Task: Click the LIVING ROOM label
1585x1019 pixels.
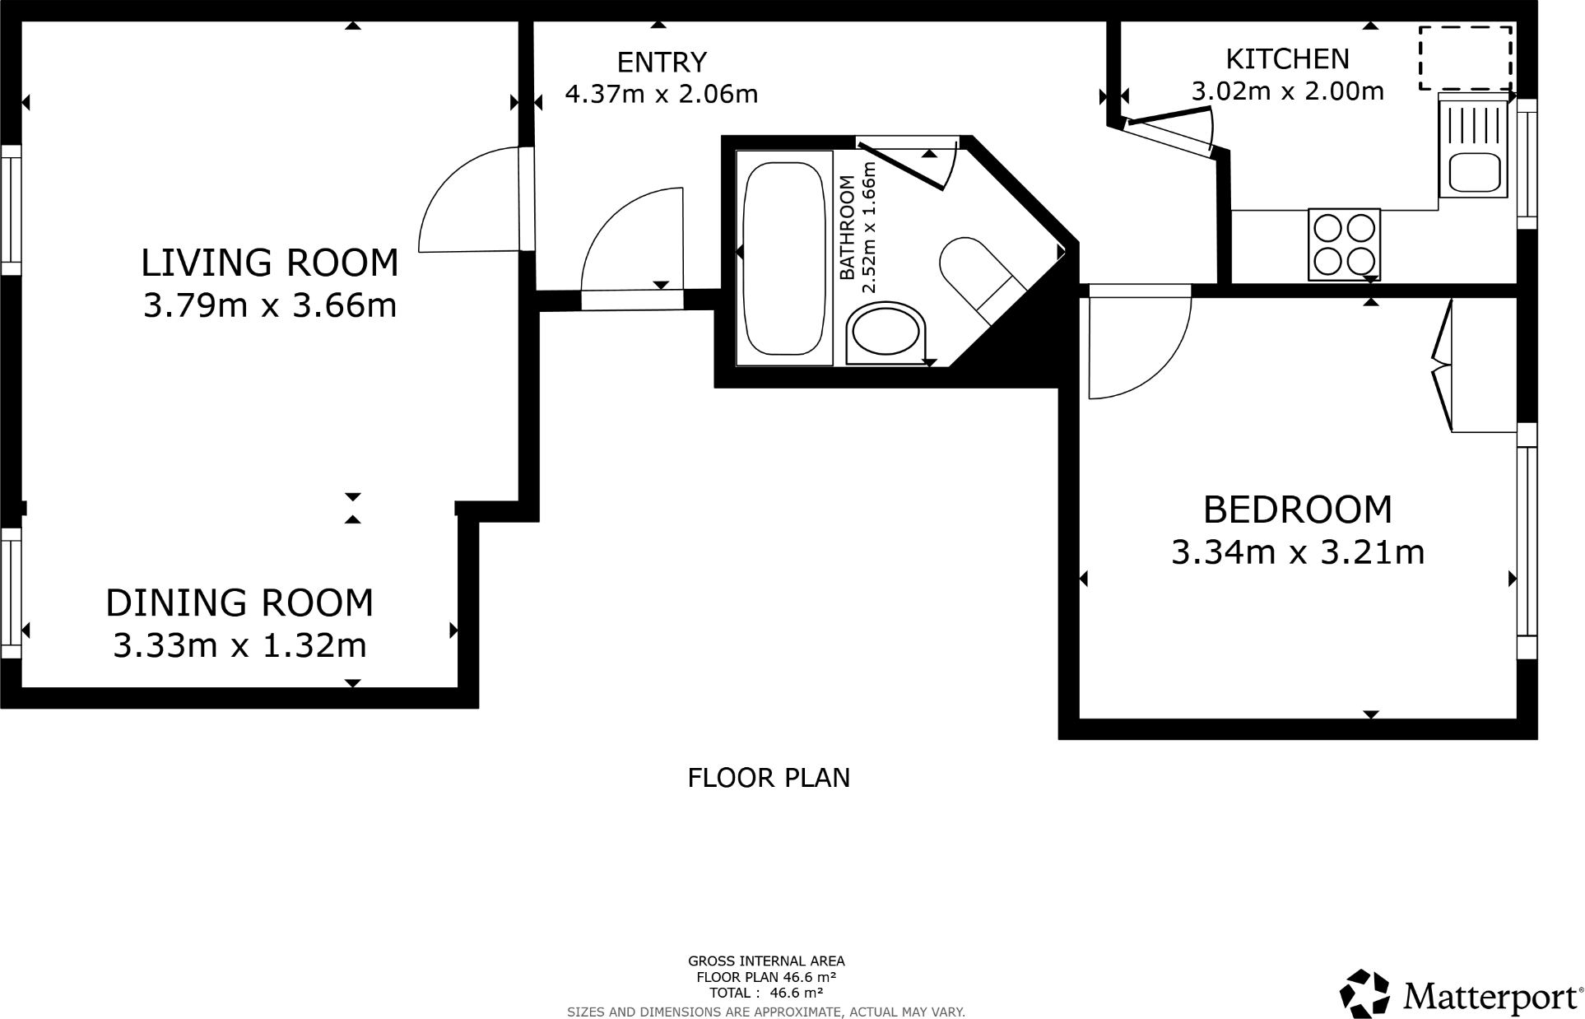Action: pyautogui.click(x=269, y=263)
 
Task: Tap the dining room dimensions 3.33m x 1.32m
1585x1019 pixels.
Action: pyautogui.click(x=239, y=645)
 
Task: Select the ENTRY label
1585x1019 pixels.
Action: pyautogui.click(x=662, y=63)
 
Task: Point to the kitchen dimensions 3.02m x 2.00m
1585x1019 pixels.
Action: pyautogui.click(x=1287, y=91)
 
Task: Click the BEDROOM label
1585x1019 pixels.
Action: pyautogui.click(x=1297, y=509)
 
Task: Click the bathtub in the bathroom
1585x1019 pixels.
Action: pyautogui.click(x=783, y=258)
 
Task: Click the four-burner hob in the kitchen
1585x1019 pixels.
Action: pyautogui.click(x=1343, y=244)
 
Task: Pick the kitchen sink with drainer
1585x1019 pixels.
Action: pyautogui.click(x=1473, y=146)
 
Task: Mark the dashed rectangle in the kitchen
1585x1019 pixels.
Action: pyautogui.click(x=1466, y=58)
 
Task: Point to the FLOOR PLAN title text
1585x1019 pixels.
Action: pyautogui.click(x=768, y=778)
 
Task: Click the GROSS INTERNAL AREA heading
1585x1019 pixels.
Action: pyautogui.click(x=765, y=961)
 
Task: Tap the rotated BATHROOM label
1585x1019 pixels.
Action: pyautogui.click(x=847, y=228)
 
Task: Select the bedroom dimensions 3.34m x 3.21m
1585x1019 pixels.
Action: pyautogui.click(x=1297, y=552)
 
